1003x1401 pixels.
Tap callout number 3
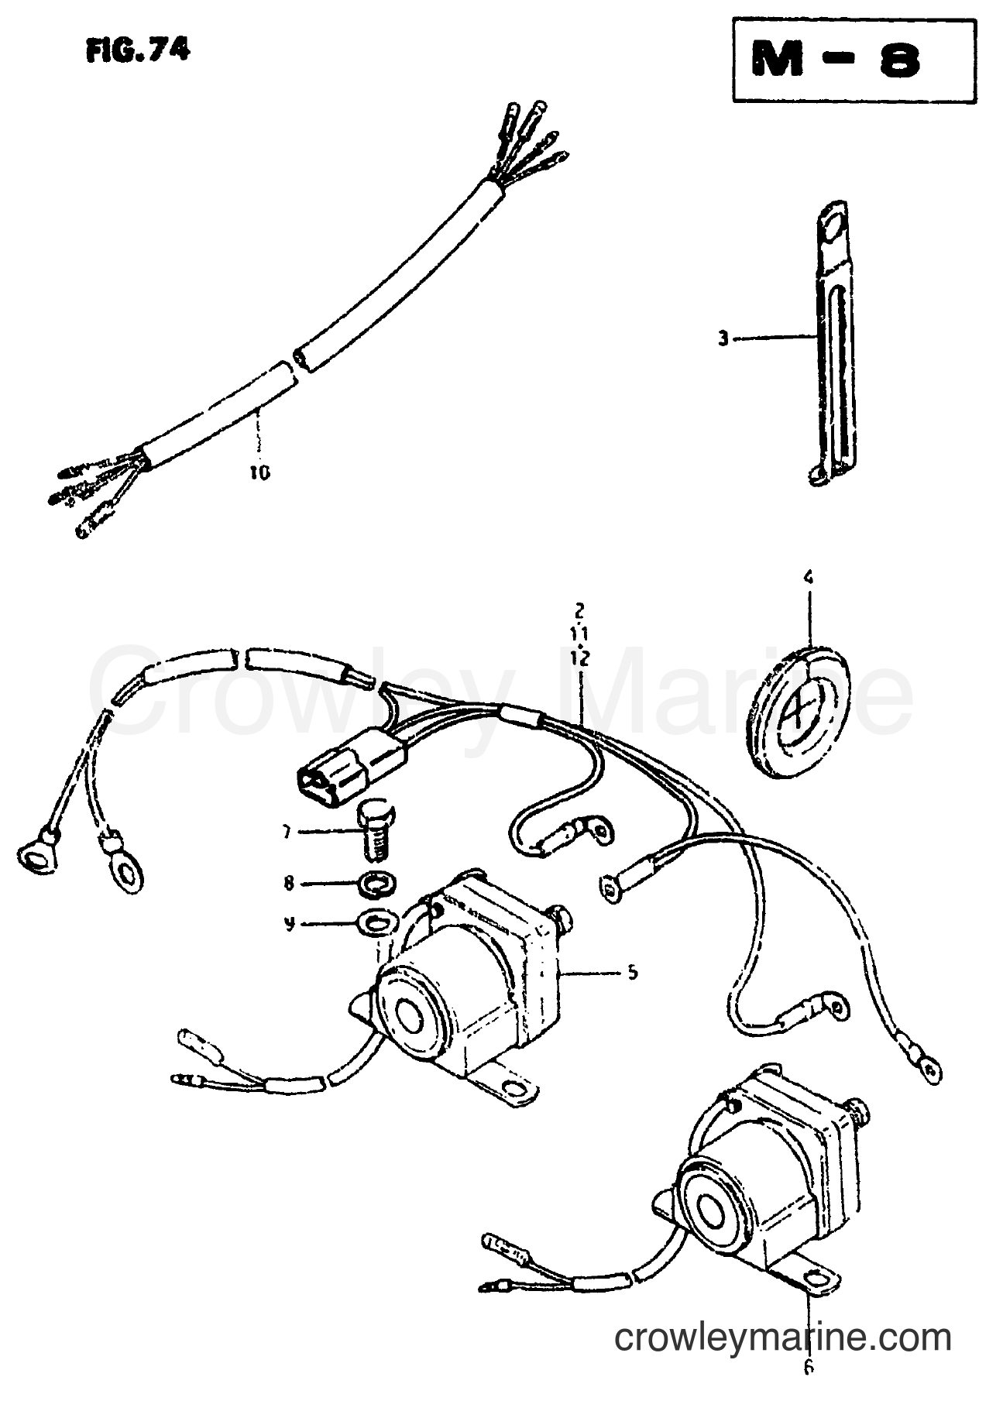(723, 338)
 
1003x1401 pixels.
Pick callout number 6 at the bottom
(809, 1368)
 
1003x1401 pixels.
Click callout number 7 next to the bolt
(287, 833)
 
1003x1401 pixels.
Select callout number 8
(288, 881)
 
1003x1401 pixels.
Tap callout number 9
(288, 923)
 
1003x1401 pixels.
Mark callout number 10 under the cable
(259, 472)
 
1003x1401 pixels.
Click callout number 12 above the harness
(581, 658)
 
